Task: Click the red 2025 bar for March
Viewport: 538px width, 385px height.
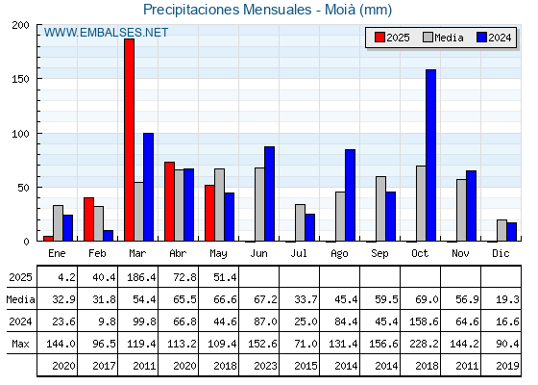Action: coord(129,140)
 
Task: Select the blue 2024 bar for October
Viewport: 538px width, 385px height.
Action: coord(430,155)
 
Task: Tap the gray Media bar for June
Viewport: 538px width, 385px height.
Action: coord(259,204)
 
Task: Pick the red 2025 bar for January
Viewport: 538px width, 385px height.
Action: coord(48,239)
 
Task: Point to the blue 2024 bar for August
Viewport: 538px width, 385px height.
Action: coord(350,194)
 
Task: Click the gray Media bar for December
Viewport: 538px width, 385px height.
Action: coord(501,230)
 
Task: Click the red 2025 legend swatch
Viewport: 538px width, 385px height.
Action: coord(379,38)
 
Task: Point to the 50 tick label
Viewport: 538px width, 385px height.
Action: coord(24,188)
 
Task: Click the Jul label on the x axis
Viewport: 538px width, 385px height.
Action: coord(299,253)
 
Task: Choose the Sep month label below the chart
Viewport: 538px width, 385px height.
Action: coord(379,253)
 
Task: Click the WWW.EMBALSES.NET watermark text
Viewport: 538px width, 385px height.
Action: coord(106,33)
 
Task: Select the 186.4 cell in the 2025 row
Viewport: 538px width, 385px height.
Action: coord(141,277)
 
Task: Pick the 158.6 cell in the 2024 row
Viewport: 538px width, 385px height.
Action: coord(424,321)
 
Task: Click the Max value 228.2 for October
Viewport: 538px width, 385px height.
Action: coord(424,344)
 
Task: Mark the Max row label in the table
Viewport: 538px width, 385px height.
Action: coord(20,344)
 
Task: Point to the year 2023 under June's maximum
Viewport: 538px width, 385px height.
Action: coord(265,366)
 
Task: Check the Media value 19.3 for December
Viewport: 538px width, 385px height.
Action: coord(507,299)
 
